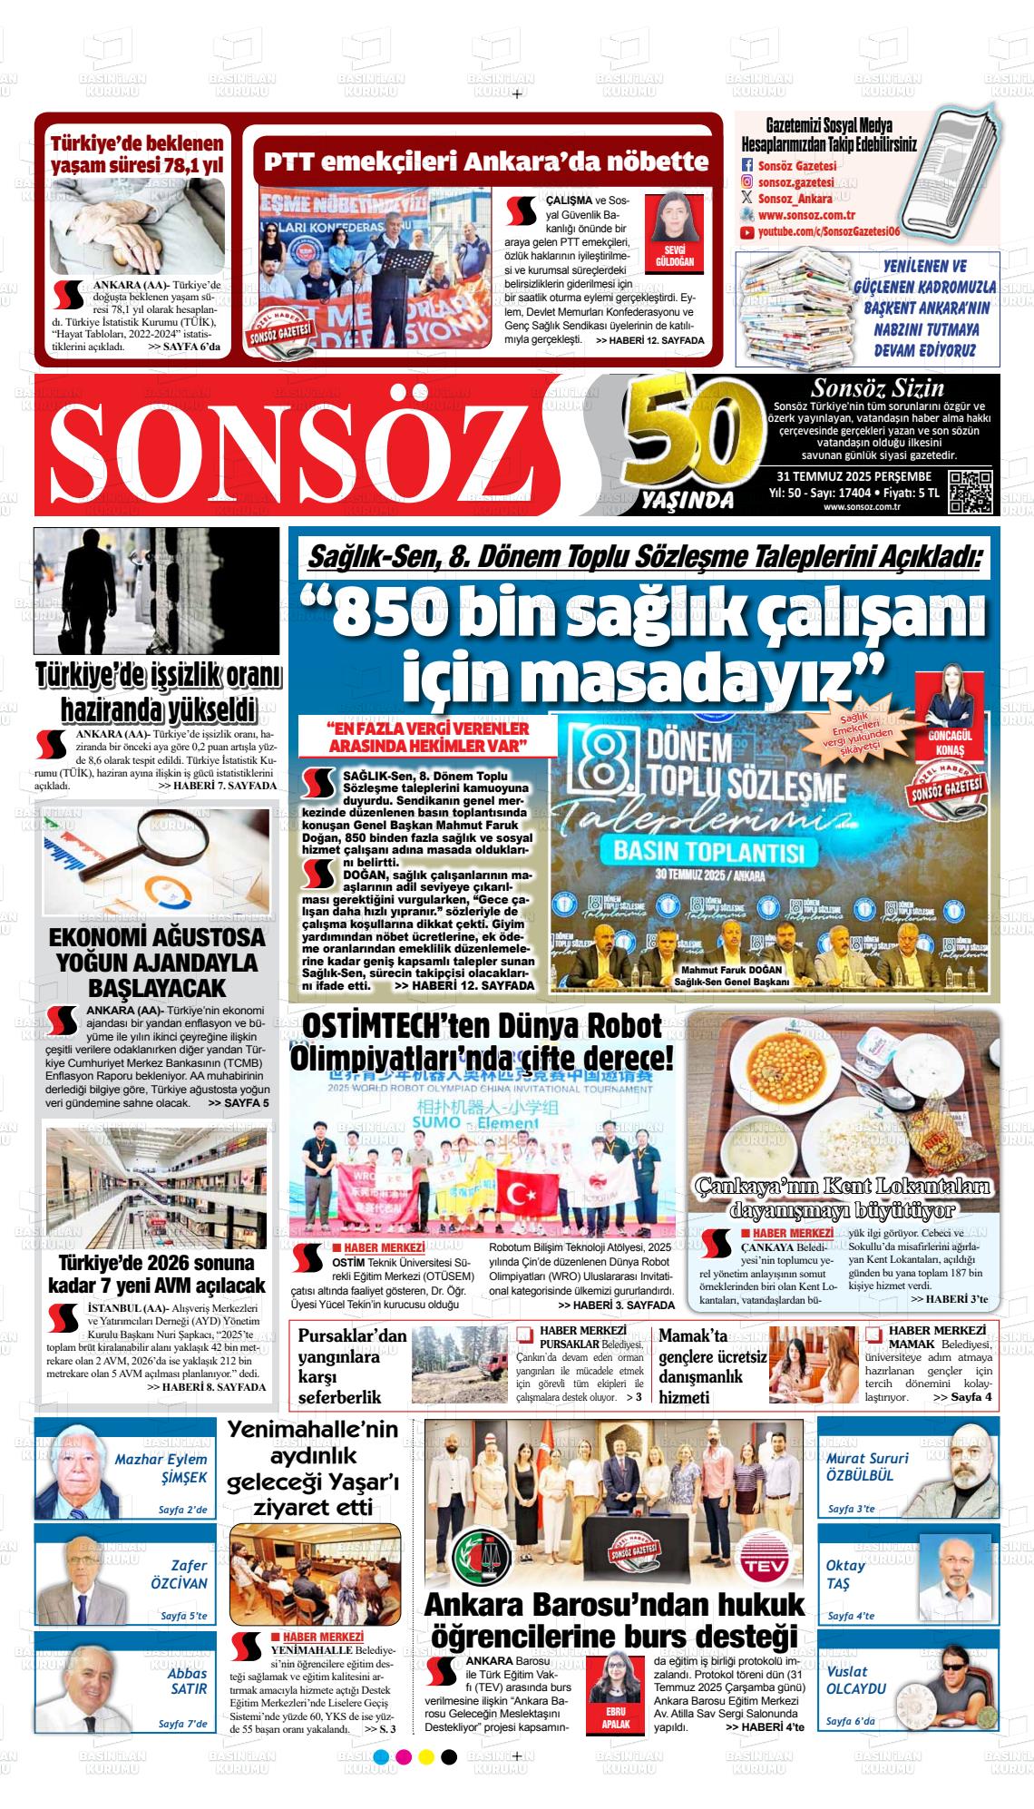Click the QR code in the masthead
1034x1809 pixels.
coord(971,493)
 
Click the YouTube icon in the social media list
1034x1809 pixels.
coord(746,233)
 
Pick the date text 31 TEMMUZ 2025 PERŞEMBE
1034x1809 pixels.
coord(854,477)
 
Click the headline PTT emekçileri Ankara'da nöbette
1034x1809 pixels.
coord(485,162)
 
